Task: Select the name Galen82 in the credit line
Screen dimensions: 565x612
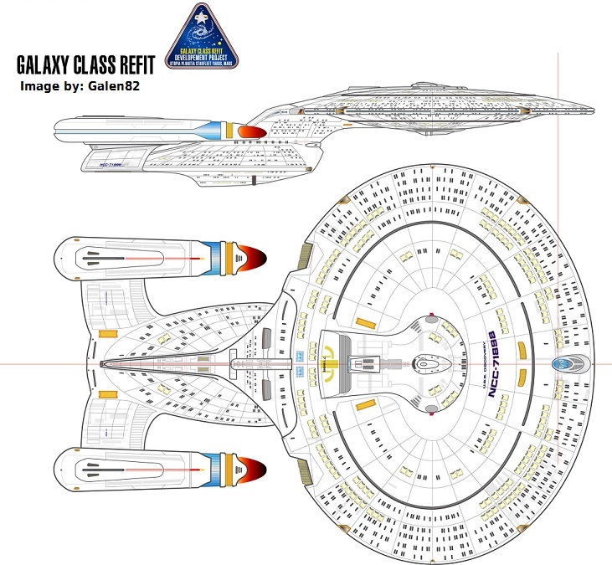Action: tap(107, 86)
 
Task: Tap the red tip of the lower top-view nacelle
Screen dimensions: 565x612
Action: tap(250, 465)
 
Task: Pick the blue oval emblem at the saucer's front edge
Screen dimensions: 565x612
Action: tap(568, 363)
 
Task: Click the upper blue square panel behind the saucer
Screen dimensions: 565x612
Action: tap(299, 355)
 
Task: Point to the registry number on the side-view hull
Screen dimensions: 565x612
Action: tap(111, 165)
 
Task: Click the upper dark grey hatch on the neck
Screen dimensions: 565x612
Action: tap(266, 339)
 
